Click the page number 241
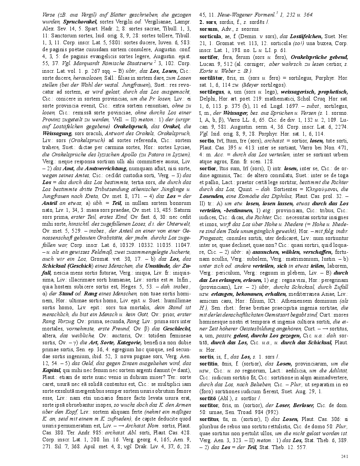point(344,457)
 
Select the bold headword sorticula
point(211,36)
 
